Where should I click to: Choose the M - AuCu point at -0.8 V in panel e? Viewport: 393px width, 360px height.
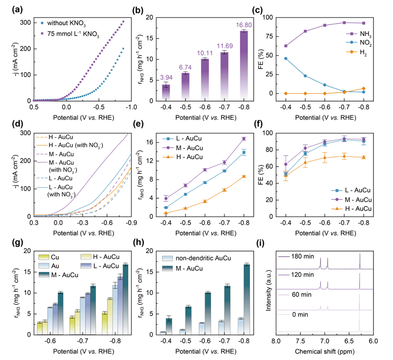tap(244, 138)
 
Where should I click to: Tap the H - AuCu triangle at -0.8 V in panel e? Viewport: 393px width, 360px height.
tap(244, 176)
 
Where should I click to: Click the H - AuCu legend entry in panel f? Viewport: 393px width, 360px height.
tap(352, 209)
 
